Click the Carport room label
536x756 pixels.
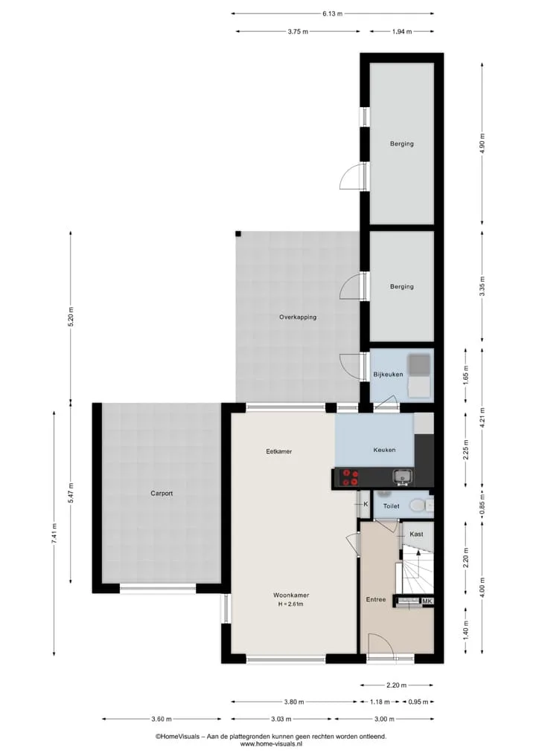point(162,494)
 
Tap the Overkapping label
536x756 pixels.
point(298,317)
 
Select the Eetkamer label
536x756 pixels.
point(279,452)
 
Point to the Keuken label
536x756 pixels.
point(384,450)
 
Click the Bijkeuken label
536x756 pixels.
point(388,374)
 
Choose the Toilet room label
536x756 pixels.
point(391,506)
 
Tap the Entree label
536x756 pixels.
point(376,599)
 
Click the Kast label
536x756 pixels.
point(416,534)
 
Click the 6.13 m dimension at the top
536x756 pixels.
point(332,13)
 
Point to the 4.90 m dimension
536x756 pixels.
point(482,143)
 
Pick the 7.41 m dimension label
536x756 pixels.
point(54,533)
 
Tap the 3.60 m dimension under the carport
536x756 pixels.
point(162,720)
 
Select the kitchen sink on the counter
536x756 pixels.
point(402,476)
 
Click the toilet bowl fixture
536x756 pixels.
point(417,505)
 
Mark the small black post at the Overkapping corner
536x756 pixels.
point(238,234)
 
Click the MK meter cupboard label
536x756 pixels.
point(427,601)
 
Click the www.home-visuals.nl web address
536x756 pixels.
point(271,744)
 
